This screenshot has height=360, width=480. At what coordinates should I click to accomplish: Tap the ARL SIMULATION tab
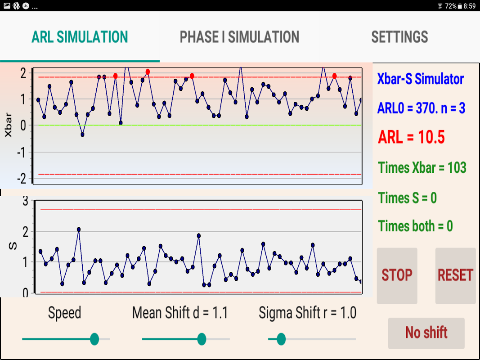click(x=80, y=37)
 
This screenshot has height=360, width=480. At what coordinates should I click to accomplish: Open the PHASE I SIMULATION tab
click(x=239, y=37)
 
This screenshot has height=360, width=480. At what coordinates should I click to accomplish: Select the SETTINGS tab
click(x=399, y=37)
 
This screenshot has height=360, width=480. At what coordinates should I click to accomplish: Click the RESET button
click(x=455, y=275)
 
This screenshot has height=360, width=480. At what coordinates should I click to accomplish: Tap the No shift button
click(x=426, y=333)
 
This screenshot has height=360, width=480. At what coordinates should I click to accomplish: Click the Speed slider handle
click(x=94, y=339)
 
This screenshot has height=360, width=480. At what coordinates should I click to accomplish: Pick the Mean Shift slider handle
click(x=202, y=339)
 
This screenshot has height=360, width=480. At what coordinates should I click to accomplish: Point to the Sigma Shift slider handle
click(x=281, y=339)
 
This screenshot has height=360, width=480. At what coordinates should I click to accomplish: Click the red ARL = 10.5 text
click(x=411, y=137)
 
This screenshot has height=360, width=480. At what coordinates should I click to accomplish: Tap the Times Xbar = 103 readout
click(x=422, y=168)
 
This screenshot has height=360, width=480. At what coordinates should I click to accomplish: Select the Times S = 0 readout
click(x=407, y=198)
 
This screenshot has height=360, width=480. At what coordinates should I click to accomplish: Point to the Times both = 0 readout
click(x=415, y=226)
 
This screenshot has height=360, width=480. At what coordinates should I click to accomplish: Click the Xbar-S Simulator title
click(x=420, y=79)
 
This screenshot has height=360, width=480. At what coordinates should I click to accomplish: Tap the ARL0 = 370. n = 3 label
click(x=421, y=108)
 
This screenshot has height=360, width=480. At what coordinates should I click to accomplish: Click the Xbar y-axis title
click(x=8, y=126)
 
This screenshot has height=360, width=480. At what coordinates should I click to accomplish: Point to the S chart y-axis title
click(x=13, y=246)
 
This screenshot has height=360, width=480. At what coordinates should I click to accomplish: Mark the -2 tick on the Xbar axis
click(x=22, y=178)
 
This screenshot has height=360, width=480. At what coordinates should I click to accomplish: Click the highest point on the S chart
click(x=79, y=229)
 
